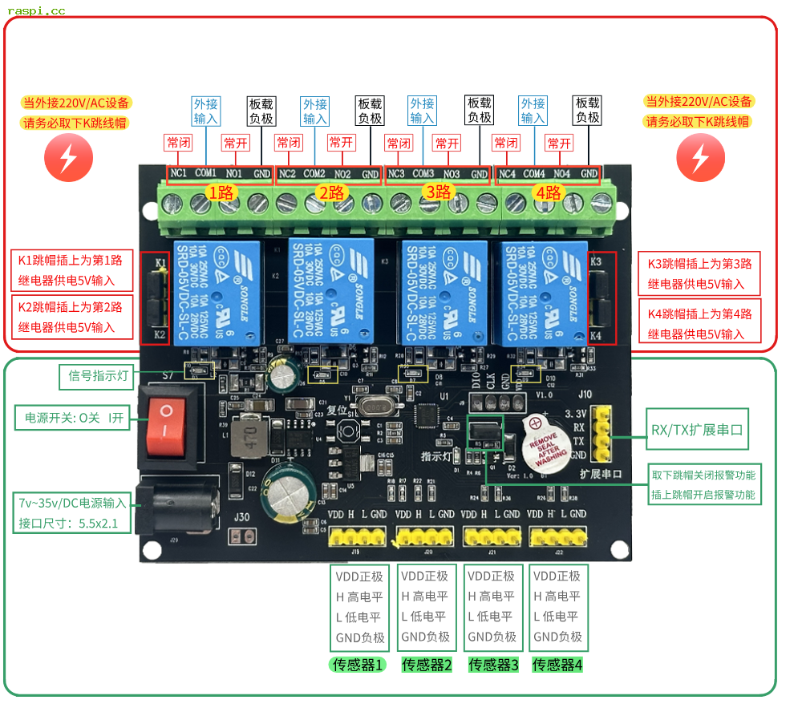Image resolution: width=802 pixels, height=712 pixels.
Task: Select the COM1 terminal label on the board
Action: (x=205, y=173)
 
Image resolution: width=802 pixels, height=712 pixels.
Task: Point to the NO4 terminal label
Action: (x=561, y=173)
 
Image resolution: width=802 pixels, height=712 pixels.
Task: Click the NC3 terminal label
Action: (x=396, y=173)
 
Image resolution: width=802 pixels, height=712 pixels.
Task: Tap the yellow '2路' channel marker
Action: (x=330, y=192)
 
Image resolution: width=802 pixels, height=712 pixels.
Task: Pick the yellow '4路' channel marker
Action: (x=549, y=192)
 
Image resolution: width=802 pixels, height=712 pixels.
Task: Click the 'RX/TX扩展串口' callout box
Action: (x=696, y=431)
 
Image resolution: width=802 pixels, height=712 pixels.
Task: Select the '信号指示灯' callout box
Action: (x=96, y=375)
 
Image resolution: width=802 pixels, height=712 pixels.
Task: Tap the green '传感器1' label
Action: (x=358, y=665)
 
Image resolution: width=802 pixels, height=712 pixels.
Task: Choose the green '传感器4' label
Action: (x=557, y=665)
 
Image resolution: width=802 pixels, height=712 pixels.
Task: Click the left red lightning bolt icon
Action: (x=68, y=156)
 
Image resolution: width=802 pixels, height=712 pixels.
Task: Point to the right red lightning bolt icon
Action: (x=700, y=156)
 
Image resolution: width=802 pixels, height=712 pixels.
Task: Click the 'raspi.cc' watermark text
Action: (x=36, y=10)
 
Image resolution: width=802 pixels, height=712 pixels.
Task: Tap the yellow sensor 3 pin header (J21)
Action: (x=491, y=536)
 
